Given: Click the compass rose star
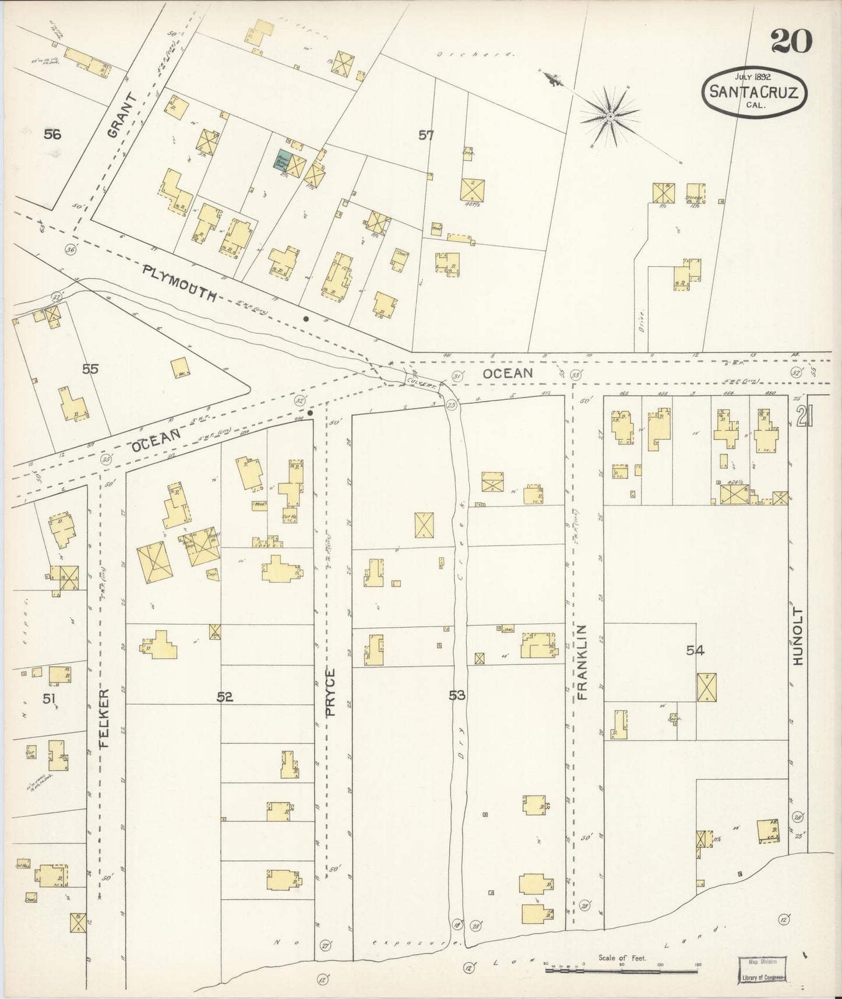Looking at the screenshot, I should tap(610, 117).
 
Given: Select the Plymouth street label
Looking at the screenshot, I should tap(179, 282).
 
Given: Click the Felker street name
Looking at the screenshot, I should tap(105, 718).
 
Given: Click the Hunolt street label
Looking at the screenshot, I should tap(798, 637).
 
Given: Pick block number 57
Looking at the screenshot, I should tap(426, 135).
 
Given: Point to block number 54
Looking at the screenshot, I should tap(695, 650).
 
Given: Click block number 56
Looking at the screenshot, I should tap(52, 135).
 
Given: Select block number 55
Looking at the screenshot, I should tap(90, 368).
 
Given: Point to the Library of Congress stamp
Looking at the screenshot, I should tap(762, 969).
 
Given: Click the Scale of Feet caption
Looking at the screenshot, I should tap(623, 958).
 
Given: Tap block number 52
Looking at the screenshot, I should tap(225, 696).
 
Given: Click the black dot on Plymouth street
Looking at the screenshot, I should tap(306, 319).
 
